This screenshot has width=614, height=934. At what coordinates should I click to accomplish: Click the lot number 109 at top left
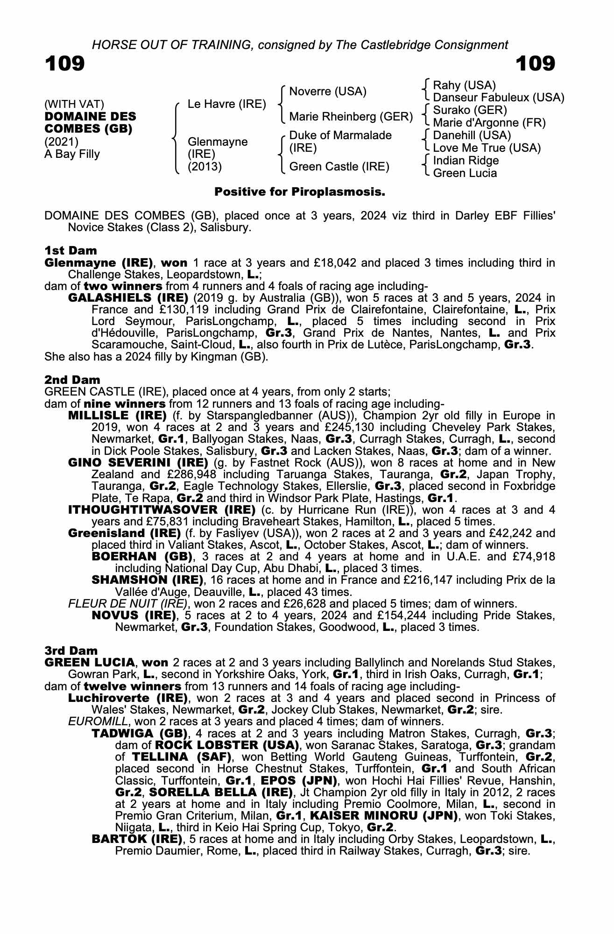(x=65, y=64)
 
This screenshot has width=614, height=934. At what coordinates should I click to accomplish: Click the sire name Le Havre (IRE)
(x=226, y=104)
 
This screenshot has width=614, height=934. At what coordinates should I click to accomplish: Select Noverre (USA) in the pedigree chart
(x=328, y=91)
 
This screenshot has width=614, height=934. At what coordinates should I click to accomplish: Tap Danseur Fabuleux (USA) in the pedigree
(x=498, y=98)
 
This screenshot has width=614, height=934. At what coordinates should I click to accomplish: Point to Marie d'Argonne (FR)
(x=489, y=123)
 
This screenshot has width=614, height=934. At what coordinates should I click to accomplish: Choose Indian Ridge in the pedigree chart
(x=466, y=161)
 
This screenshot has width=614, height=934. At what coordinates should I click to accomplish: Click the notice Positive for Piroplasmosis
(x=299, y=191)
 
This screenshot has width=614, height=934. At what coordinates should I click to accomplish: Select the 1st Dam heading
(x=71, y=251)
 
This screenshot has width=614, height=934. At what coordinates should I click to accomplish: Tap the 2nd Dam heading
(x=72, y=380)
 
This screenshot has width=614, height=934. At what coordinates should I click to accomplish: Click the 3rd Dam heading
(x=71, y=651)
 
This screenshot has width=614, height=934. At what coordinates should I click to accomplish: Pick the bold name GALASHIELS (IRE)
(x=128, y=298)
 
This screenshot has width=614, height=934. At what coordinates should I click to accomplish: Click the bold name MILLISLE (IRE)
(x=117, y=416)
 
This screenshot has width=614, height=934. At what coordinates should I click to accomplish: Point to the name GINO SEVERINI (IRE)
(x=138, y=462)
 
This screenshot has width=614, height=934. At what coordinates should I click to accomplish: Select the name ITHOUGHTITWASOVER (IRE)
(x=162, y=509)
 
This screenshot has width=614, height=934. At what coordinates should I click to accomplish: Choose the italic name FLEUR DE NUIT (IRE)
(x=127, y=603)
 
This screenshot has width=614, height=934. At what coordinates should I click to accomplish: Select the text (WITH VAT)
(x=74, y=104)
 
